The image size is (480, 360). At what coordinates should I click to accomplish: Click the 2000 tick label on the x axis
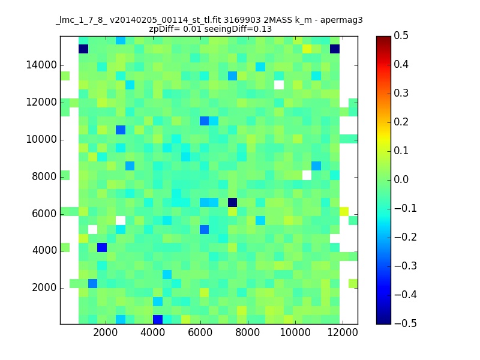click(x=106, y=332)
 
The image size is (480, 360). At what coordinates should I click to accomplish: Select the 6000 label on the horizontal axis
click(x=200, y=332)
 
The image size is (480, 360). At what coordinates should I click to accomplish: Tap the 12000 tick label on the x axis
click(x=343, y=332)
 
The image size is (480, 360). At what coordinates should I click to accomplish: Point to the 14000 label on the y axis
click(x=41, y=65)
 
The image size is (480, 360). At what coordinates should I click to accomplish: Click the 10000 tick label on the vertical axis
click(x=41, y=139)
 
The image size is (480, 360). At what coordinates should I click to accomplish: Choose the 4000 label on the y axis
click(x=44, y=250)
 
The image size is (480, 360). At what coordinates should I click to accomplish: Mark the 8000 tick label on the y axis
click(x=44, y=176)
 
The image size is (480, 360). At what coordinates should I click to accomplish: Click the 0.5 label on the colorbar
click(x=401, y=35)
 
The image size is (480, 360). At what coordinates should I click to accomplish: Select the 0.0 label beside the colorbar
click(x=401, y=179)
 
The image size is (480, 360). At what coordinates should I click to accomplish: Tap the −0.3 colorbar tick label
click(x=406, y=266)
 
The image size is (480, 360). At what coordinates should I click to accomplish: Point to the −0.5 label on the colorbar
click(x=406, y=323)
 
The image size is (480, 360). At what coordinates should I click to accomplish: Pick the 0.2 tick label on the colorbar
click(x=401, y=122)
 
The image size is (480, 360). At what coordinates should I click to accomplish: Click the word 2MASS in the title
click(x=278, y=20)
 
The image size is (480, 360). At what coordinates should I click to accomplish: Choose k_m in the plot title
click(x=304, y=20)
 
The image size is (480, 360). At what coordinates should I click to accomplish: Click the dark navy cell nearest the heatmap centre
click(x=232, y=202)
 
